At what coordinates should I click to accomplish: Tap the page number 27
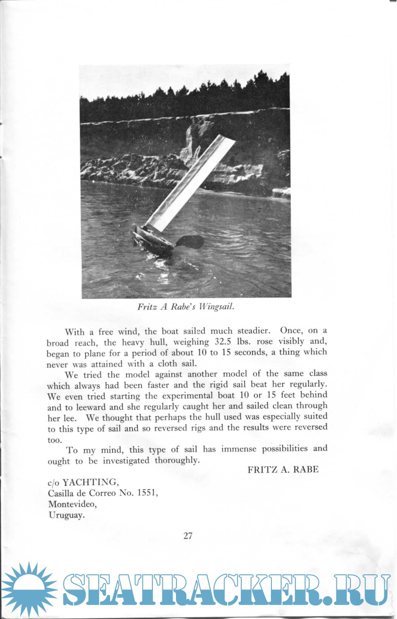pyautogui.click(x=188, y=535)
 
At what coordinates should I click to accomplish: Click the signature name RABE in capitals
pyautogui.click(x=306, y=469)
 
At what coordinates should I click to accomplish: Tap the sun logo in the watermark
pyautogui.click(x=29, y=589)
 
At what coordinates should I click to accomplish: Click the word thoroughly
pyautogui.click(x=177, y=460)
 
